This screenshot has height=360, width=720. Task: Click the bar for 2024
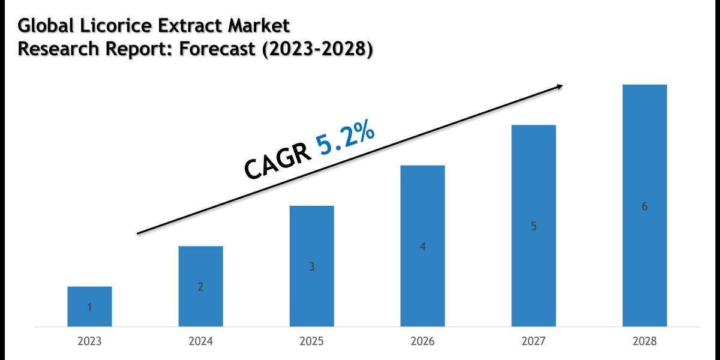200,286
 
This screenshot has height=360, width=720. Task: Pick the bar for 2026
422,245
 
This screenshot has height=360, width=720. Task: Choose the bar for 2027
533,226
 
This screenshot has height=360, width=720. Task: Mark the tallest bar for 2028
644,205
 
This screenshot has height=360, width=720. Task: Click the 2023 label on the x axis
89,341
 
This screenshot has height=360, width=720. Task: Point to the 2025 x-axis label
311,341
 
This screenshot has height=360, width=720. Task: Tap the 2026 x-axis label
422,341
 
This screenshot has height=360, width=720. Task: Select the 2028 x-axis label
644,341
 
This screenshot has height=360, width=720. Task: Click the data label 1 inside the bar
89,307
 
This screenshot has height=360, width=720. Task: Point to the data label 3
311,267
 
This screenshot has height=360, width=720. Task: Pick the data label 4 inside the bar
422,247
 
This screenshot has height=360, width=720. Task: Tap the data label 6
644,206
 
